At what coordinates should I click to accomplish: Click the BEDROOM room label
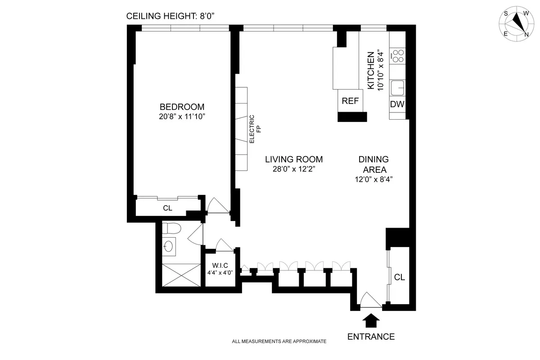182,107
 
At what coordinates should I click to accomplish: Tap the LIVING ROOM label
293,159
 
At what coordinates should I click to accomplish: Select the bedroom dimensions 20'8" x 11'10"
182,117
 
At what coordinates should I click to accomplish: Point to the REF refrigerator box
350,101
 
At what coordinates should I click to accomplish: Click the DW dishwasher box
397,104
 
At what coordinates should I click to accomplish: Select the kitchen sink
397,88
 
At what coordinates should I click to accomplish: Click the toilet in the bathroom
171,229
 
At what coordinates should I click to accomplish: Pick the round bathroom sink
168,246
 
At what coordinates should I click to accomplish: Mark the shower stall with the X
179,274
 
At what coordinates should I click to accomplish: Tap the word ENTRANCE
371,337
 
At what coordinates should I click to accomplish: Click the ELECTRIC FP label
255,130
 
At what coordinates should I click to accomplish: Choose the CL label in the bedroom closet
167,208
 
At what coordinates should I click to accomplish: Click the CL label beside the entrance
399,277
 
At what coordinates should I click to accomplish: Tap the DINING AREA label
373,164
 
